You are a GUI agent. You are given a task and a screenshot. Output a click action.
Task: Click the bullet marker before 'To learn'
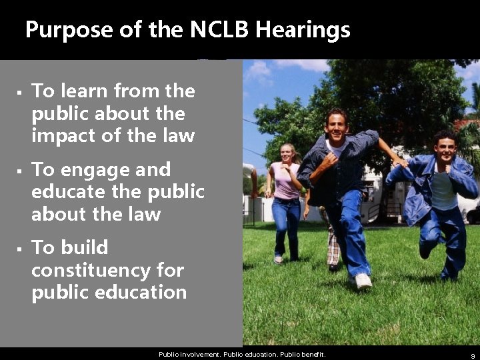[20, 91]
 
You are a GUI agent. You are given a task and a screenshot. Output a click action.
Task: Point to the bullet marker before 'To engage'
[20, 170]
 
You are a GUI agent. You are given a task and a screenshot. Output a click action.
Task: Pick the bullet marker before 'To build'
[20, 248]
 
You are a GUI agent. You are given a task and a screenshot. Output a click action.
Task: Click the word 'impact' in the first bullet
[62, 136]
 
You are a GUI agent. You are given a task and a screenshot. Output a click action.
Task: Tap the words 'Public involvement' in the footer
[189, 355]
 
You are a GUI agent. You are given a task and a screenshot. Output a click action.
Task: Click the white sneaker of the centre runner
[363, 281]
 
